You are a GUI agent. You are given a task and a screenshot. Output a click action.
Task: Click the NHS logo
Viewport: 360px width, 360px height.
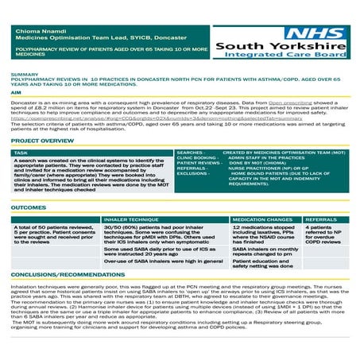pyautogui.click(x=318, y=33)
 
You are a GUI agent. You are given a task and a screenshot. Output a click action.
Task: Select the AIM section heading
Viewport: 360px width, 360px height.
pyautogui.click(x=16, y=93)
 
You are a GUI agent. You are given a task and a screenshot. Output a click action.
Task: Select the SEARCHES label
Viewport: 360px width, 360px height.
pyautogui.click(x=191, y=152)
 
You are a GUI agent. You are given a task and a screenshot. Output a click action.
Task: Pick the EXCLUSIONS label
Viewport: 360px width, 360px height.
pyautogui.click(x=192, y=174)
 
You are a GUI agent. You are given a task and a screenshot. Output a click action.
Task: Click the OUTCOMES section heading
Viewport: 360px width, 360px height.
pyautogui.click(x=29, y=207)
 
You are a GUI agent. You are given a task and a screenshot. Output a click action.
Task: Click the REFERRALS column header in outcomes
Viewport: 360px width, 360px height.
pyautogui.click(x=322, y=219)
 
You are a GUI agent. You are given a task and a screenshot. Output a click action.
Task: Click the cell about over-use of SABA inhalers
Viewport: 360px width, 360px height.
pyautogui.click(x=163, y=261)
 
